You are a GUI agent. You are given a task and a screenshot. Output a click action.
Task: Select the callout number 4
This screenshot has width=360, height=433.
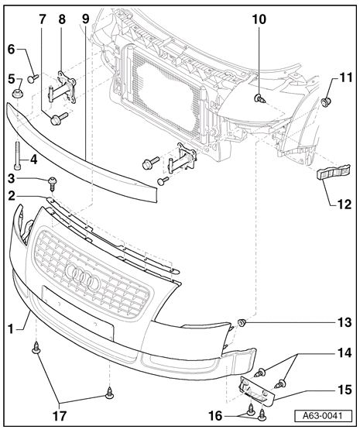[x=33, y=160]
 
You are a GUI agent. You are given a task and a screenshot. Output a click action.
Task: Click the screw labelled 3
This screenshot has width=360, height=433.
[x=53, y=183]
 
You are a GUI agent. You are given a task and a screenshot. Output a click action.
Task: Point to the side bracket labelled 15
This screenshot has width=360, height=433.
[x=255, y=387]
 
